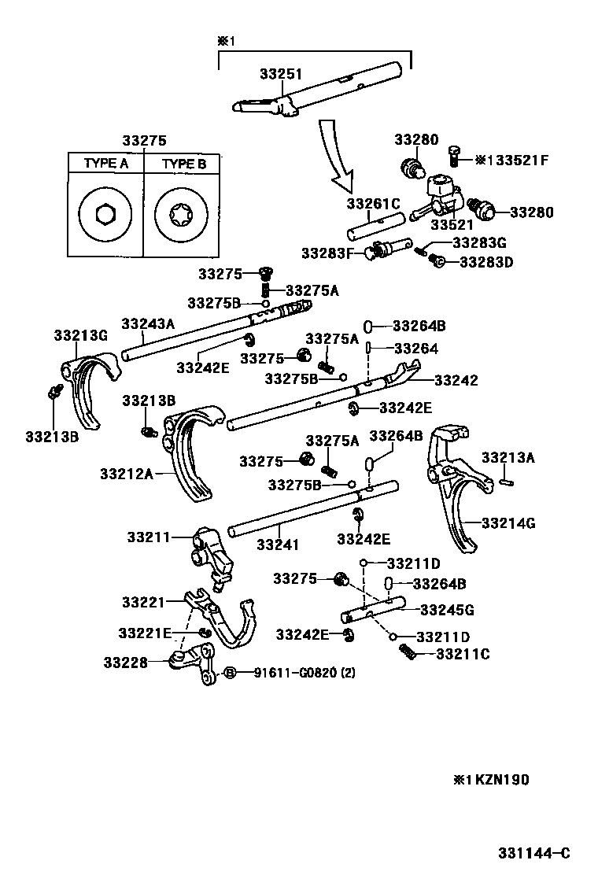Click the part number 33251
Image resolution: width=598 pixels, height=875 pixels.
click(x=281, y=73)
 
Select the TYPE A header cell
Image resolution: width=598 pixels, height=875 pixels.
click(x=105, y=164)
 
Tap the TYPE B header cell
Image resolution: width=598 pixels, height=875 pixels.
click(x=183, y=164)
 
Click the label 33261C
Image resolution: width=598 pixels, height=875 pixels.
click(x=373, y=203)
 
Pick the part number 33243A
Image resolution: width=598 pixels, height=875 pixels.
click(x=148, y=323)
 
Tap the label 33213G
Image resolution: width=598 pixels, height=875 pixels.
click(x=80, y=335)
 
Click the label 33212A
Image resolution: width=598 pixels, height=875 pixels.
click(x=126, y=474)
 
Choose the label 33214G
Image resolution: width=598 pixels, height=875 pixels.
click(x=508, y=522)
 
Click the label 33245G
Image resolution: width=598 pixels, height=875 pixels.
click(x=447, y=610)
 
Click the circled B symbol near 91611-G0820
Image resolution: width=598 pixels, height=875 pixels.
click(x=230, y=672)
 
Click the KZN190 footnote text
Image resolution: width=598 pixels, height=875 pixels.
click(x=491, y=780)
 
